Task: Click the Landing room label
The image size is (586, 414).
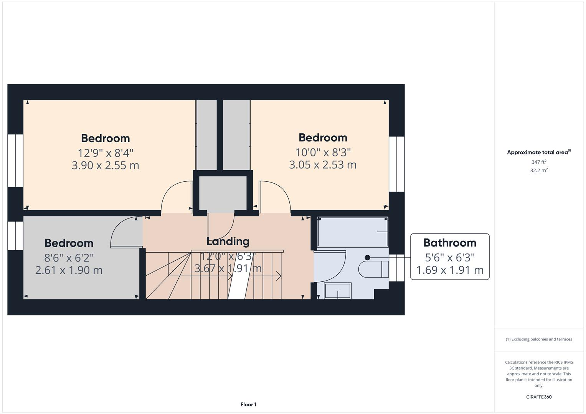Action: (228, 242)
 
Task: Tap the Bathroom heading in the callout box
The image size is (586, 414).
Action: (450, 243)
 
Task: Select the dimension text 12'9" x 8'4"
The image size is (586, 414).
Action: (106, 153)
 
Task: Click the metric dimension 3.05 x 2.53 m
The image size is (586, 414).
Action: (323, 165)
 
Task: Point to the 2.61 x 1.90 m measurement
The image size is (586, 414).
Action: (69, 270)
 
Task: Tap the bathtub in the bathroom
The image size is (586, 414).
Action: (353, 232)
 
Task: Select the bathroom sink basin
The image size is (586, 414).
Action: (338, 291)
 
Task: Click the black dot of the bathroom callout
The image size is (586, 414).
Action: (367, 258)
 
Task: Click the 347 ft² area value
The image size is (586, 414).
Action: (539, 162)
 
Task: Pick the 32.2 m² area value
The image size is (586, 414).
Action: (539, 171)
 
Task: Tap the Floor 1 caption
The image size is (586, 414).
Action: (248, 404)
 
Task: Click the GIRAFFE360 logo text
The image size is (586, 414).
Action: (539, 397)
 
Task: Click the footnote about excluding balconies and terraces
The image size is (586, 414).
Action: (539, 339)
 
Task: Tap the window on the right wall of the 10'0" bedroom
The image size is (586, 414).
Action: (397, 164)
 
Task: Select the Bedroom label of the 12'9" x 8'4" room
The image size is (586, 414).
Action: (106, 138)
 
